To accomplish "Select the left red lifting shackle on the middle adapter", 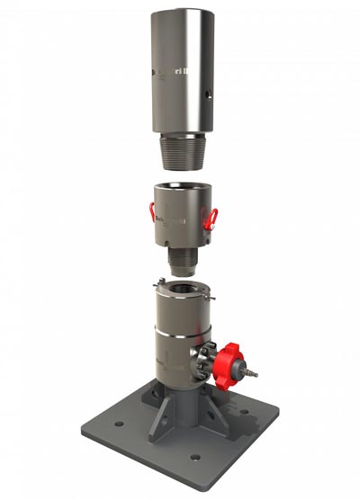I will [x=153, y=213].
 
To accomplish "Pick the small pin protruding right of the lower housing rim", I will [x=219, y=296].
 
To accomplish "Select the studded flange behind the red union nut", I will [x=208, y=360].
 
